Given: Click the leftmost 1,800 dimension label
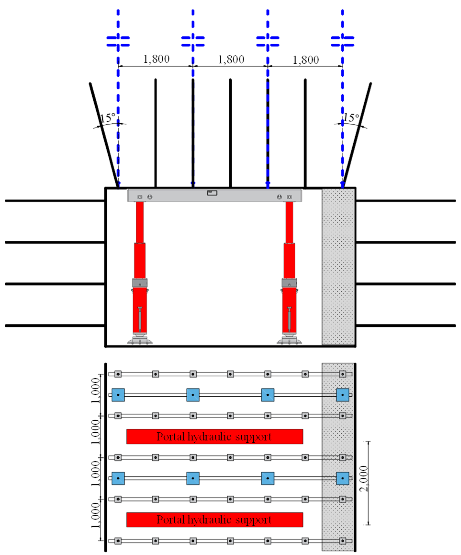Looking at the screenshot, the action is [x=156, y=59].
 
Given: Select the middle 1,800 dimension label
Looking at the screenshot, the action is [x=231, y=59].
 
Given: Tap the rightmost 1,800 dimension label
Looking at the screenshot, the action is [x=306, y=60].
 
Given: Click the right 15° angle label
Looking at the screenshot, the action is [x=351, y=117].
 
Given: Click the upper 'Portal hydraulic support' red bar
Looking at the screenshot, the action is [x=214, y=437].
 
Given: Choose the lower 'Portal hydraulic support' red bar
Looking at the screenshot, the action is [x=214, y=520].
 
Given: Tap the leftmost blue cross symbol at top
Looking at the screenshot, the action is [x=118, y=41].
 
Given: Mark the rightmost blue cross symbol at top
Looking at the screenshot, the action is [x=342, y=41].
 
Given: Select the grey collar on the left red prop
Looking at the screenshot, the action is [x=140, y=283].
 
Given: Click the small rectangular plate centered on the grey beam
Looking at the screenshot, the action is [x=212, y=193].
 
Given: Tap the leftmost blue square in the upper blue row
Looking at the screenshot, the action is [x=118, y=395].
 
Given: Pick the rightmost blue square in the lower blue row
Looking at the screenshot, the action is [x=342, y=478].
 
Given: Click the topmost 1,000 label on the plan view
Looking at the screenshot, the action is [x=95, y=390].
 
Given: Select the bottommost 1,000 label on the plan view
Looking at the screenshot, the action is [x=95, y=516].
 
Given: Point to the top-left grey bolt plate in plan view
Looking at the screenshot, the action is [x=118, y=374].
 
